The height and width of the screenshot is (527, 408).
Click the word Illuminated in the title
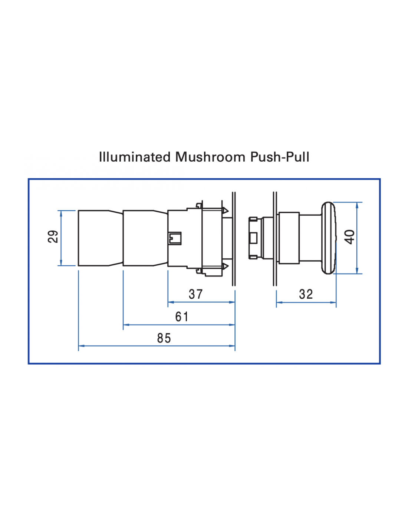[x=135, y=157]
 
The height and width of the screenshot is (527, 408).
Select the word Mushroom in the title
[x=210, y=157]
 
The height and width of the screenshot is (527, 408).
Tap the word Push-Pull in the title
[x=280, y=157]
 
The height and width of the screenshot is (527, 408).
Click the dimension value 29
[x=53, y=236]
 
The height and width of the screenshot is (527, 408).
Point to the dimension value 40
[x=349, y=237]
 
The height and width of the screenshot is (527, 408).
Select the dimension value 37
[x=195, y=294]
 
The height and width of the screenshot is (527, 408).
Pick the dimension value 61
[x=182, y=317]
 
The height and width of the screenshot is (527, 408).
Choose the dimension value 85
[x=164, y=338]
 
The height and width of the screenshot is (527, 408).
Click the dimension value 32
[x=306, y=294]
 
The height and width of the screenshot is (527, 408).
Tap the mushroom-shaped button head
[x=329, y=238]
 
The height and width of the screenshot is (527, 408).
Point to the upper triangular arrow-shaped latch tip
[x=225, y=211]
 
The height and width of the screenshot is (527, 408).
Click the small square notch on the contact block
[x=175, y=238]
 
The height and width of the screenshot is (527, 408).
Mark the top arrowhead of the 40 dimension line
[x=357, y=205]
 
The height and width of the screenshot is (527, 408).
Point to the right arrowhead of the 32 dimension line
[x=334, y=303]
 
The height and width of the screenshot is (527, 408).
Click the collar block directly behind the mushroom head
[x=289, y=238]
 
